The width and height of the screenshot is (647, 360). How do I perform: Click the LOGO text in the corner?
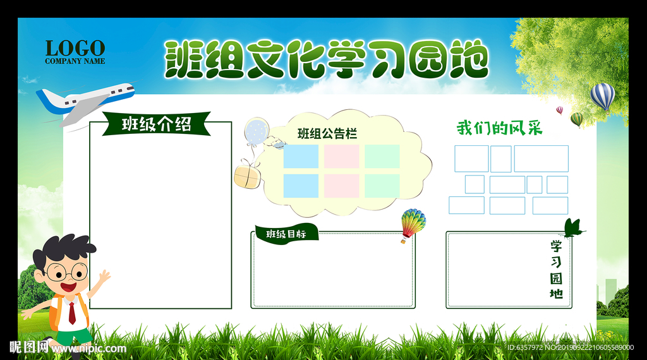75,48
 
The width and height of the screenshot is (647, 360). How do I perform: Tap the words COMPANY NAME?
75,61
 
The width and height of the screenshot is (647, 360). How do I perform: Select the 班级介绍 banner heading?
157,124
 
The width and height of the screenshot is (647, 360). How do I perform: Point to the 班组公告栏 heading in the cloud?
327,134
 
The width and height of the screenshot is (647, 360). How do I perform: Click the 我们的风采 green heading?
499,128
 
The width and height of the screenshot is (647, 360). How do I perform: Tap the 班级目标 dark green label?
286,234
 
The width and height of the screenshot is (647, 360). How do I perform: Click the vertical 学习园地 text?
556,270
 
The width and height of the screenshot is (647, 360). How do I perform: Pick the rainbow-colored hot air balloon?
413,225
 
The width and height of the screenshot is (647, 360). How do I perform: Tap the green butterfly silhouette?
574,229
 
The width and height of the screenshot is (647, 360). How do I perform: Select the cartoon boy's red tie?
72,313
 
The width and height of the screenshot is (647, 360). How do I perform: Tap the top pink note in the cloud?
341,156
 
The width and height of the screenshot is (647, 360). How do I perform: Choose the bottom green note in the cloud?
382,186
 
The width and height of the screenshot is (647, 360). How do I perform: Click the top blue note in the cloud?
301,156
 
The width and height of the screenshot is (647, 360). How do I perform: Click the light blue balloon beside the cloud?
257,131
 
